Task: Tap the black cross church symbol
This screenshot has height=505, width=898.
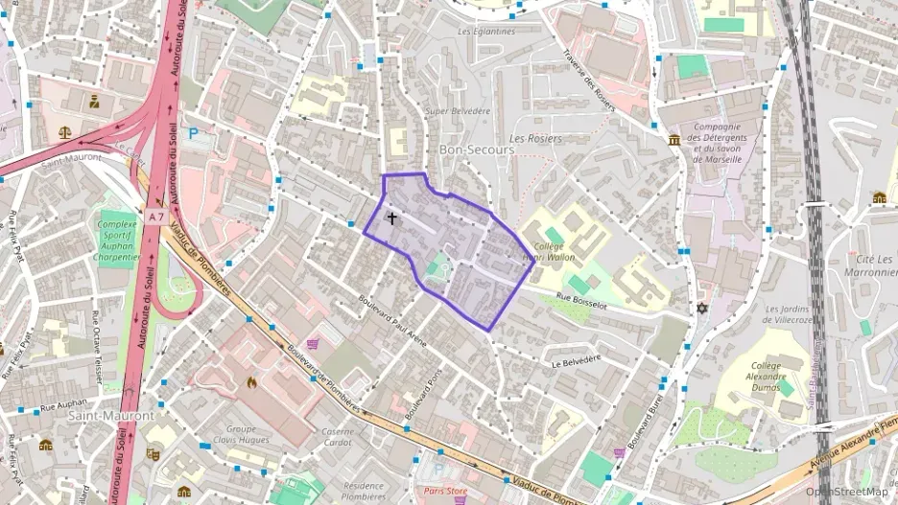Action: click(391, 218)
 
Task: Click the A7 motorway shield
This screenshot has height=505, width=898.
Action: click(155, 218)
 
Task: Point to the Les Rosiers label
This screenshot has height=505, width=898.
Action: click(535, 139)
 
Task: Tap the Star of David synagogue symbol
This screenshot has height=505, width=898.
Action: click(702, 310)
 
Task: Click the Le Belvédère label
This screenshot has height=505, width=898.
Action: click(576, 361)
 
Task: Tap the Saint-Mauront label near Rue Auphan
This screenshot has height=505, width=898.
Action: click(111, 416)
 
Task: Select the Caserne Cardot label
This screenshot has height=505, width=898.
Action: click(338, 436)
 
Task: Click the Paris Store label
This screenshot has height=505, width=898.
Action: click(445, 492)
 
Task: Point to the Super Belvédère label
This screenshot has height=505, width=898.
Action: click(458, 111)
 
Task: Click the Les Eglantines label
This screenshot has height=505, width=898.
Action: click(486, 31)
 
